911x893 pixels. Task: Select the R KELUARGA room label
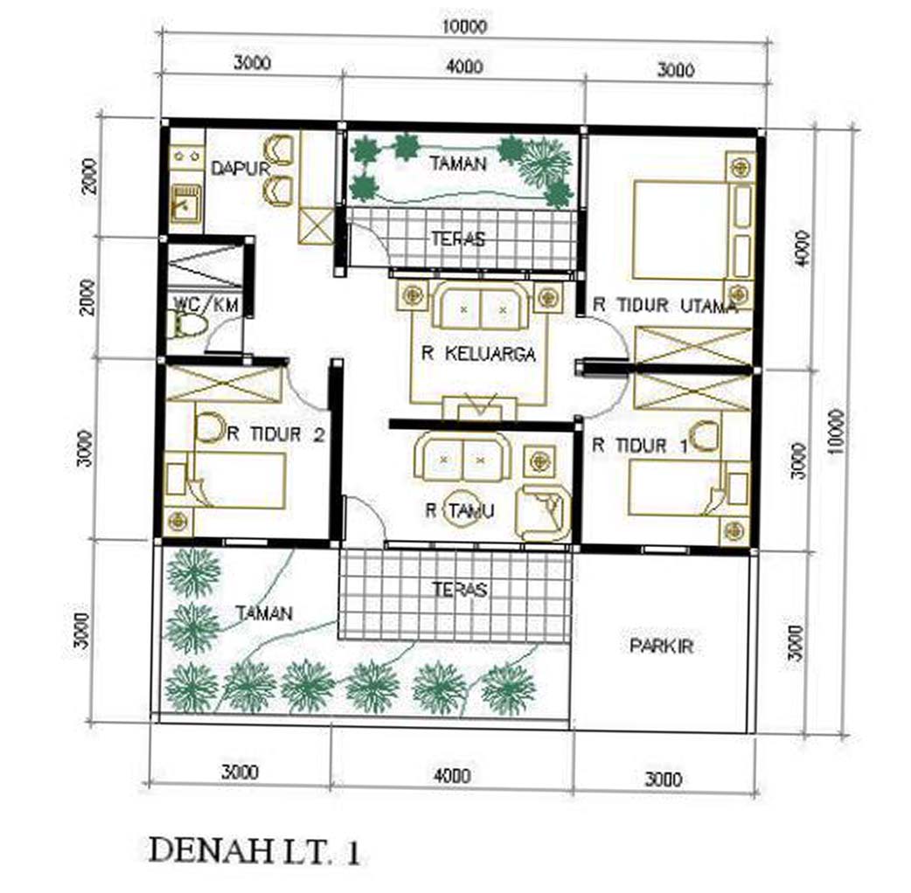coord(477,354)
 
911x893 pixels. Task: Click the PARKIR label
coord(661,646)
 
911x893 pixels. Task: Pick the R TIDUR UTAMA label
coord(665,305)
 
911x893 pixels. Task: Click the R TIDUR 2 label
coord(276,434)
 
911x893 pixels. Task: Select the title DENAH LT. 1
coord(254,852)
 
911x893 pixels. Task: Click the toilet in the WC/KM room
coord(187,327)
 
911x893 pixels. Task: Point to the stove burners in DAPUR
coord(185,156)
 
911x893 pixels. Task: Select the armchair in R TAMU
coord(543,512)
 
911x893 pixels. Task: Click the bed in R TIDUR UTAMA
coord(680,228)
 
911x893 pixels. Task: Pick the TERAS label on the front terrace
coord(459,590)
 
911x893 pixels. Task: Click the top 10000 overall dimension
coord(462,25)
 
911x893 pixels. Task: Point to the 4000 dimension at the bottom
coord(450,775)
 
